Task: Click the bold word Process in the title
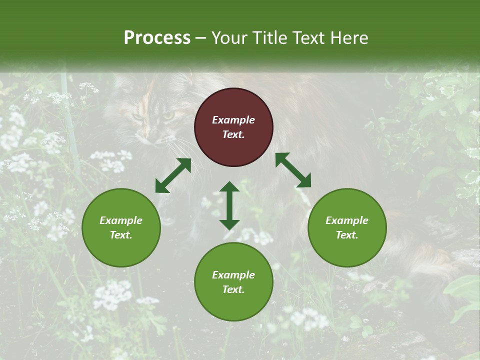tap(157, 38)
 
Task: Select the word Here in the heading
tap(348, 38)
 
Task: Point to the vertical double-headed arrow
tap(229, 205)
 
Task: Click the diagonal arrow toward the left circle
tap(173, 175)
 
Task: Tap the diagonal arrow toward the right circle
tap(293, 170)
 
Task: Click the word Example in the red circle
tap(233, 120)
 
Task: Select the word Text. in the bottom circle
tap(233, 289)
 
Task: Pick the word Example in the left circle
tap(121, 220)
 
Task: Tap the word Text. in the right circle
tap(347, 235)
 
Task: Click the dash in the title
tap(201, 38)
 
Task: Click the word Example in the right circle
tap(347, 220)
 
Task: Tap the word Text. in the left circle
tap(121, 235)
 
